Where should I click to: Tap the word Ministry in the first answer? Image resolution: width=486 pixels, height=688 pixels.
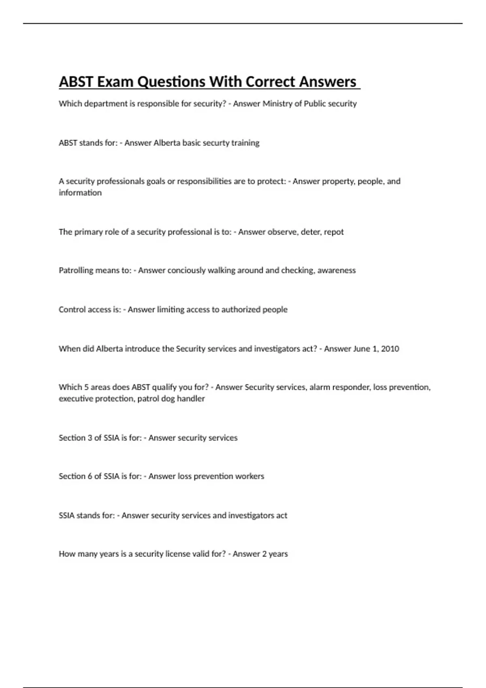coord(277,104)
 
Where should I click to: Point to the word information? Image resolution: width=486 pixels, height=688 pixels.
coord(80,193)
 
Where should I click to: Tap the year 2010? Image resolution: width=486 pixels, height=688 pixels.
coord(390,349)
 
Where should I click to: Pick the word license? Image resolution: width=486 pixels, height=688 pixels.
coord(178,554)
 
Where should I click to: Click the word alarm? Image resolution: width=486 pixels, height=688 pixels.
coord(319,387)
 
